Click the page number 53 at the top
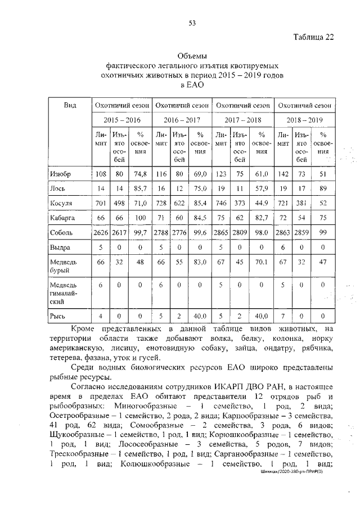pos(192,23)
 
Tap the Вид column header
pos(70,105)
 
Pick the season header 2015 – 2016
pos(121,120)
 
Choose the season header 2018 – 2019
pos(304,120)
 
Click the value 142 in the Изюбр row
pos(283,174)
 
